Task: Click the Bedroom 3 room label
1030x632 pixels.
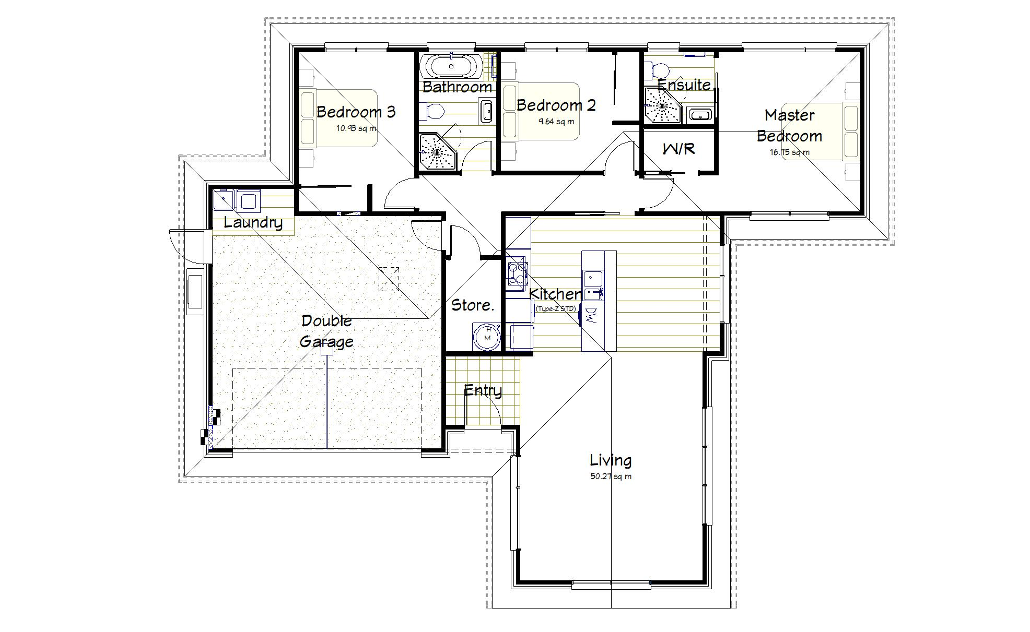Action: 356,112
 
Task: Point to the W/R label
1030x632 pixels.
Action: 678,149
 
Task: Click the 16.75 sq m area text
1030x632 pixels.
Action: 789,153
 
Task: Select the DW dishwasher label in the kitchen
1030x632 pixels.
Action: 591,316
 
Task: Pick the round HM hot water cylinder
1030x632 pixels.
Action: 487,336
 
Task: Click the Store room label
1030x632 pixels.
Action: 472,305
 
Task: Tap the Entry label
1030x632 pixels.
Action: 483,390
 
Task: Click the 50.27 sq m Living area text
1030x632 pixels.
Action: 611,476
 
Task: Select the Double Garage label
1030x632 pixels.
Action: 326,331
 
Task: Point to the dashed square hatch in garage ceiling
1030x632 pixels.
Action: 389,279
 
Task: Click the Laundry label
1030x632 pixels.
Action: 253,223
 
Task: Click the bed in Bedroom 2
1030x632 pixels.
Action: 541,111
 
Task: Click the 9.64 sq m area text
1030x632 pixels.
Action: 556,122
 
